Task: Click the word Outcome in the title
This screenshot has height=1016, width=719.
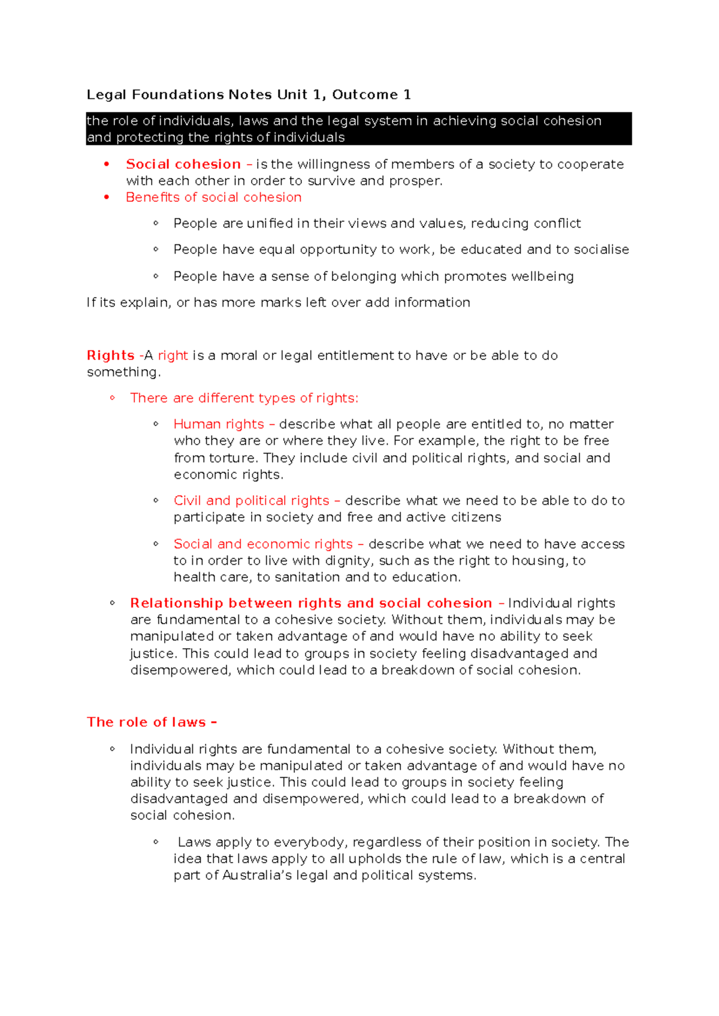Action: coord(365,95)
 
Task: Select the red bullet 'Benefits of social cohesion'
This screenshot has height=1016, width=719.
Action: coord(213,197)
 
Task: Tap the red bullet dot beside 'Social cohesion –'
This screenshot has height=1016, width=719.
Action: coord(107,164)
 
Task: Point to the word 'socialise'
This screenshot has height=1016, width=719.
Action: coord(601,249)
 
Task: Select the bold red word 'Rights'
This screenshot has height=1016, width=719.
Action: coord(110,355)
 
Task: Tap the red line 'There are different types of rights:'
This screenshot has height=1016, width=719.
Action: coord(244,398)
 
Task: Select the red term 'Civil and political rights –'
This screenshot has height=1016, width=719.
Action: coord(257,500)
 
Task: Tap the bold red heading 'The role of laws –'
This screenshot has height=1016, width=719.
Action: coord(152,722)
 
